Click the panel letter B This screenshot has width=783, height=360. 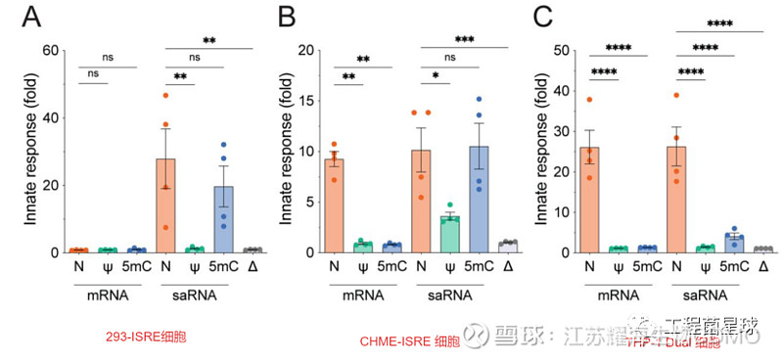pos(288,18)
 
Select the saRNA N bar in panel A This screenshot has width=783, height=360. pos(166,205)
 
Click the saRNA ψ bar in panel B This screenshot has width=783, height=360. pos(450,235)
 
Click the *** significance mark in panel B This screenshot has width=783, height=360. pos(464,40)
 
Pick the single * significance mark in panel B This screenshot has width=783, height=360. pos(435,74)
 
